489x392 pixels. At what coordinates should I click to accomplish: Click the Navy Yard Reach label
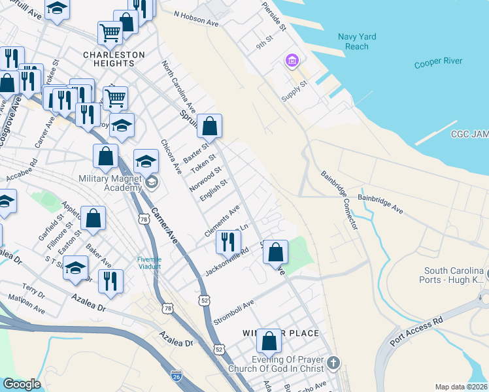[357, 42]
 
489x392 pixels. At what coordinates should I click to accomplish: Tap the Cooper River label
[438, 63]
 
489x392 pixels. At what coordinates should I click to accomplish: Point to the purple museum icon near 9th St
[292, 61]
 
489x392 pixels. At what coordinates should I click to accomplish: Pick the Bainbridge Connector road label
[339, 199]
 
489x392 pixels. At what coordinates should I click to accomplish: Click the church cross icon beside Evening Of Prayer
[333, 362]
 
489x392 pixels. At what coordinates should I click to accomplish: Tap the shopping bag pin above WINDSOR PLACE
[269, 340]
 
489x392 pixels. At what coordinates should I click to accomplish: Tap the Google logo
[22, 384]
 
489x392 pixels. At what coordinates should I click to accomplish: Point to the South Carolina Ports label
[454, 275]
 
